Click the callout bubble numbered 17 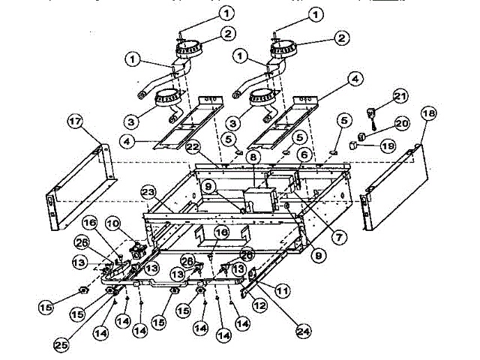tap(74, 121)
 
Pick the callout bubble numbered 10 tap(113, 223)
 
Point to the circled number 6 tap(303, 154)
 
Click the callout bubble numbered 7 tap(341, 237)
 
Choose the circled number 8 tap(253, 158)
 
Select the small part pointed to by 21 tap(371, 113)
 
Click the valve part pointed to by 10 tap(136, 247)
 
